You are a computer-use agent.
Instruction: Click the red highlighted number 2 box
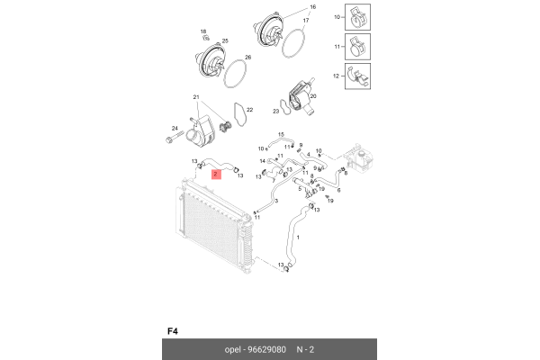click(x=216, y=174)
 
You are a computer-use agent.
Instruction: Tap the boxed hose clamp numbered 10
click(x=358, y=17)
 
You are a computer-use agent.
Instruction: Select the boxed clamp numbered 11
click(x=358, y=47)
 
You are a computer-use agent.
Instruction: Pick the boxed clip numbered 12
click(x=358, y=76)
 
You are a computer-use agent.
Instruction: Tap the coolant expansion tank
click(x=359, y=157)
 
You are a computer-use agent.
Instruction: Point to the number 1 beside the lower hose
click(x=298, y=237)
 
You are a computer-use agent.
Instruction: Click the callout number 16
click(x=312, y=7)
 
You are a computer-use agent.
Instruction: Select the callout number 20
click(x=313, y=96)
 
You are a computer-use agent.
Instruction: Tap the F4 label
click(x=173, y=331)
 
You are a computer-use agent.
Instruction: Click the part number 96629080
click(x=267, y=350)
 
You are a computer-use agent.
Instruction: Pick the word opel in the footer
click(x=232, y=350)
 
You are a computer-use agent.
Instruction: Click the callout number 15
click(x=281, y=134)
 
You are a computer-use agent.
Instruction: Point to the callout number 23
click(x=276, y=112)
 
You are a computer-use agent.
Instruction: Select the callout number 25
click(x=225, y=41)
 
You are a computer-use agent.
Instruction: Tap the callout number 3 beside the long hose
click(x=276, y=201)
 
